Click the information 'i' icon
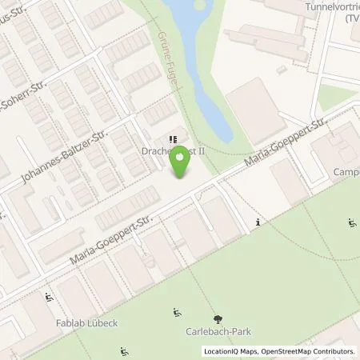pos(257,222)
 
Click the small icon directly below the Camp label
pos(352,223)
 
